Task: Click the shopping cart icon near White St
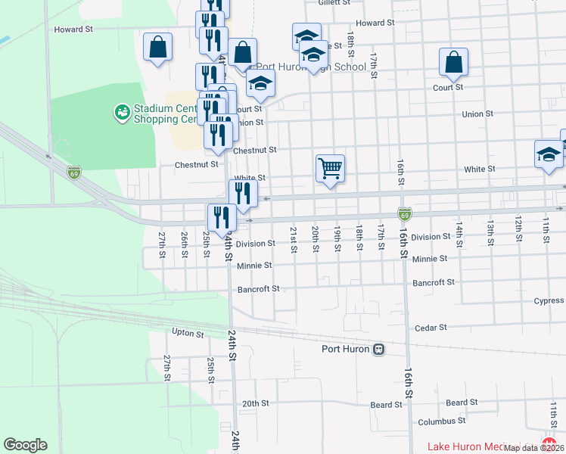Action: (330, 168)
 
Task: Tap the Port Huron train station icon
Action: (378, 349)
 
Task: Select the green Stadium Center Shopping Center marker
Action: (121, 113)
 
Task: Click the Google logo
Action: (25, 445)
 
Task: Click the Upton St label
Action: (188, 333)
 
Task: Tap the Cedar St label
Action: (431, 328)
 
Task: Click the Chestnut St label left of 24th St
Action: (196, 164)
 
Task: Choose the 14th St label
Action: (458, 229)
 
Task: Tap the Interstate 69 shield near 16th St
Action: (405, 215)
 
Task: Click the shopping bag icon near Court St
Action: (453, 64)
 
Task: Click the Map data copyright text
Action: (533, 448)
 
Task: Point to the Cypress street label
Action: (548, 300)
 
